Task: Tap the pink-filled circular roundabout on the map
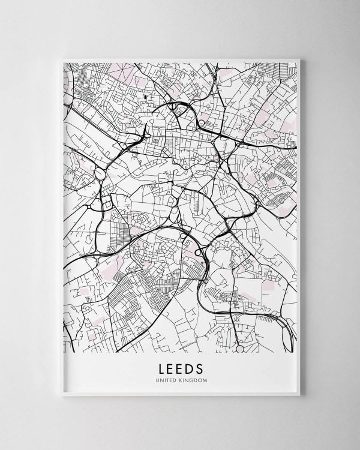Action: [239, 348]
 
